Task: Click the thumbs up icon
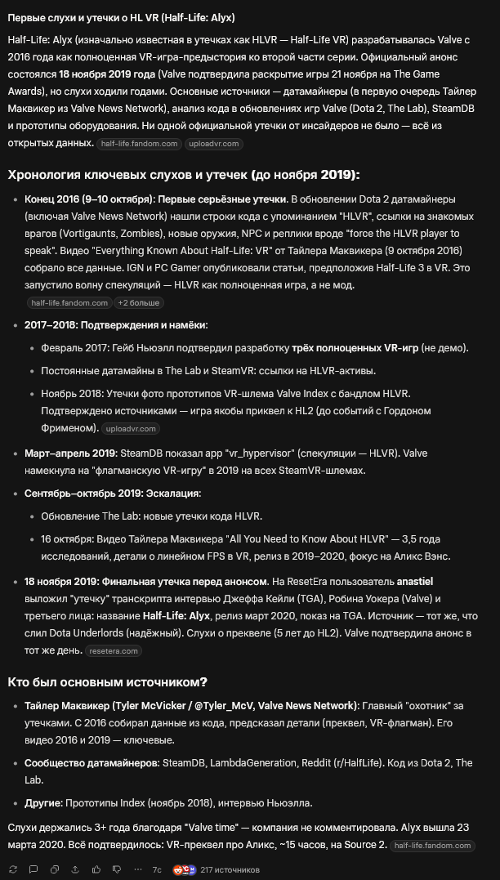pyautogui.click(x=96, y=869)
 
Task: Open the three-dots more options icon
pyautogui.click(x=136, y=869)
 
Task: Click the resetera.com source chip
pyautogui.click(x=114, y=651)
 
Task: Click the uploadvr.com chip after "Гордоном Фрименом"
pyautogui.click(x=131, y=428)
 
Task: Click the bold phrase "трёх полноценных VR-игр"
pyautogui.click(x=355, y=347)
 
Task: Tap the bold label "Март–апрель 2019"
pyautogui.click(x=71, y=453)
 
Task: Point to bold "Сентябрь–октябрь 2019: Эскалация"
pyautogui.click(x=112, y=494)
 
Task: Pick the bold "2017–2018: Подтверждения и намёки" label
pyautogui.click(x=115, y=325)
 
